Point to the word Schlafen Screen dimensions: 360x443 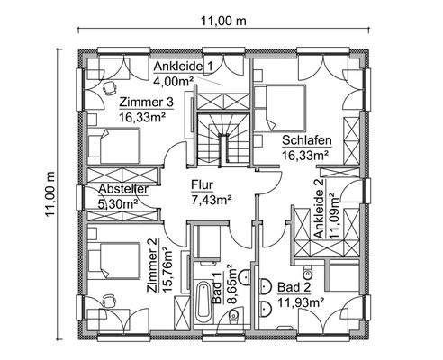(307, 140)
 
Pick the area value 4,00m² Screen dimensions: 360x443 (175, 80)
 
